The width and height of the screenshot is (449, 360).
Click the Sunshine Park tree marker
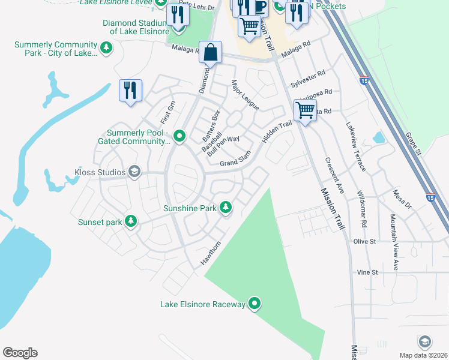[x=226, y=208]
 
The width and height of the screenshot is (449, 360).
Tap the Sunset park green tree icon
[x=131, y=222]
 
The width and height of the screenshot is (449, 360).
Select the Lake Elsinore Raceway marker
[x=255, y=304]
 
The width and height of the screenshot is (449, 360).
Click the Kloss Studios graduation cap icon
[x=134, y=173]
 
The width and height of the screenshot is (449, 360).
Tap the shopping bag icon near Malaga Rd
[x=210, y=53]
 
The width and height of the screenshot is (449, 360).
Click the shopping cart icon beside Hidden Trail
[x=305, y=110]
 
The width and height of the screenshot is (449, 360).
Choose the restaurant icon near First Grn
[x=130, y=91]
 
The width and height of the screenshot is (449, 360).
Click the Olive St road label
[x=364, y=241]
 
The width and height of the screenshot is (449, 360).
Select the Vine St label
[x=367, y=272]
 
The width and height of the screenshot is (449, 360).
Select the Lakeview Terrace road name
[x=355, y=146]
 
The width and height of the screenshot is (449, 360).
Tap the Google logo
[x=20, y=353]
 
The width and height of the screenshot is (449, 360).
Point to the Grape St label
[x=413, y=142]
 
